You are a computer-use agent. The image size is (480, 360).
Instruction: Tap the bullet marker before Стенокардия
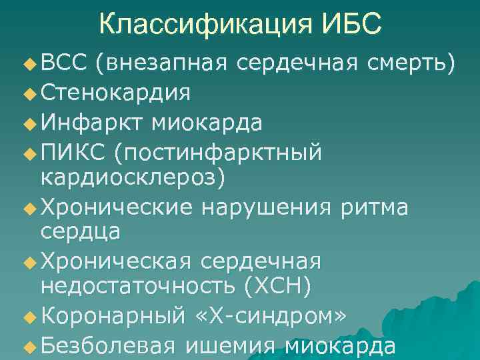pyautogui.click(x=27, y=93)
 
